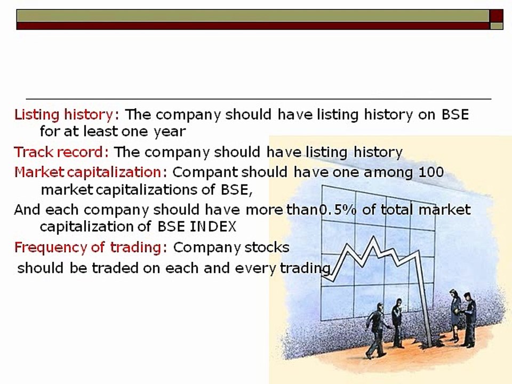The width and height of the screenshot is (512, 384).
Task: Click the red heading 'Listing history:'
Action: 63,115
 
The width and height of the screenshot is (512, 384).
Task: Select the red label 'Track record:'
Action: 61,152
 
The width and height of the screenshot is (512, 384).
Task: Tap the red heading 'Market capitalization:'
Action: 91,172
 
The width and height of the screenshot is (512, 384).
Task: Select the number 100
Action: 431,172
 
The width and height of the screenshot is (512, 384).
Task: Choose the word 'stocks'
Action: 267,247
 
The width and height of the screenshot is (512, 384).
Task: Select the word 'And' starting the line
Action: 27,210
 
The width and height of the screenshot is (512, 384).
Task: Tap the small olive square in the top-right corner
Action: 497,25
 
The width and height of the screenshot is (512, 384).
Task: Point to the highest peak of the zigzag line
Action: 374,238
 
